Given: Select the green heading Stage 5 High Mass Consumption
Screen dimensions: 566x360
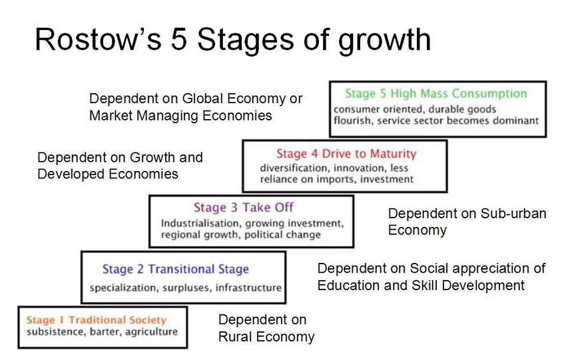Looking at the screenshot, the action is coord(436,94).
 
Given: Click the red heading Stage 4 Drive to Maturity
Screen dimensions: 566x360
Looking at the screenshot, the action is coord(346,154).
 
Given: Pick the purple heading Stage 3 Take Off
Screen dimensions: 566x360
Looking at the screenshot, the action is coord(244,208).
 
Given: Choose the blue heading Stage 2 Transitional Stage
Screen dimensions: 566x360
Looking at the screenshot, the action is coord(175,269).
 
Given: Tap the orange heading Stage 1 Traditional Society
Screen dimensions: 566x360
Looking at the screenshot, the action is coord(97,320).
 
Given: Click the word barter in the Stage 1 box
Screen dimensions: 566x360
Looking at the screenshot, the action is coord(105,332).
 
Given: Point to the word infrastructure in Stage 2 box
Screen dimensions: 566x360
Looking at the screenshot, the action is coord(248,287).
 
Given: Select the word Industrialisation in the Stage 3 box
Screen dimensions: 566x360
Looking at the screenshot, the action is coord(200,224).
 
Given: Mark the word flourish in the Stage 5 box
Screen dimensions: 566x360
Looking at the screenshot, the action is coord(352,120).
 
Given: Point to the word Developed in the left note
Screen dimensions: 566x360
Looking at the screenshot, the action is coord(71,174).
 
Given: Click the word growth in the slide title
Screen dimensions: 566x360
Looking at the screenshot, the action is coord(384,41).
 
